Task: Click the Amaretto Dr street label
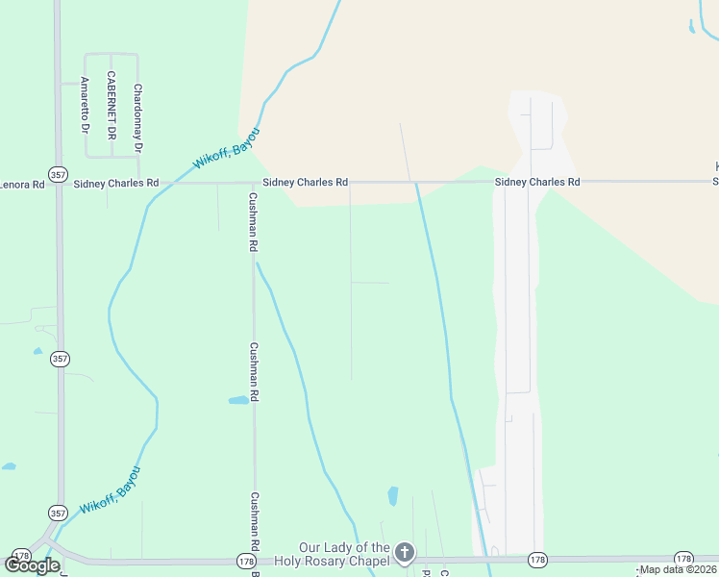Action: pyautogui.click(x=85, y=104)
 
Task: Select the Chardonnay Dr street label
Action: pyautogui.click(x=138, y=118)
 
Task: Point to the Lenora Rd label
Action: pyautogui.click(x=21, y=183)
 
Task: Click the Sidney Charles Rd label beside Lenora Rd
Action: pyautogui.click(x=116, y=183)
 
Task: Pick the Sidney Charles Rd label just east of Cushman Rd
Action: pyautogui.click(x=305, y=182)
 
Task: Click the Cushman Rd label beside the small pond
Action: pyautogui.click(x=254, y=371)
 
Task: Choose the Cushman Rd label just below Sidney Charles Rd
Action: pyautogui.click(x=254, y=221)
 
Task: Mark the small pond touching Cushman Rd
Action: pyautogui.click(x=238, y=400)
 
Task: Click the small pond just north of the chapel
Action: pyautogui.click(x=392, y=496)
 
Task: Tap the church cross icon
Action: pyautogui.click(x=405, y=553)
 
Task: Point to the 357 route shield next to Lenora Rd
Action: pyautogui.click(x=60, y=175)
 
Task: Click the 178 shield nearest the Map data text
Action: pyautogui.click(x=683, y=558)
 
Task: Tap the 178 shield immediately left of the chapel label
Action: pyautogui.click(x=247, y=560)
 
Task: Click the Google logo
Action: pyautogui.click(x=32, y=564)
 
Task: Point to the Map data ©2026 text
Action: pyautogui.click(x=679, y=569)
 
